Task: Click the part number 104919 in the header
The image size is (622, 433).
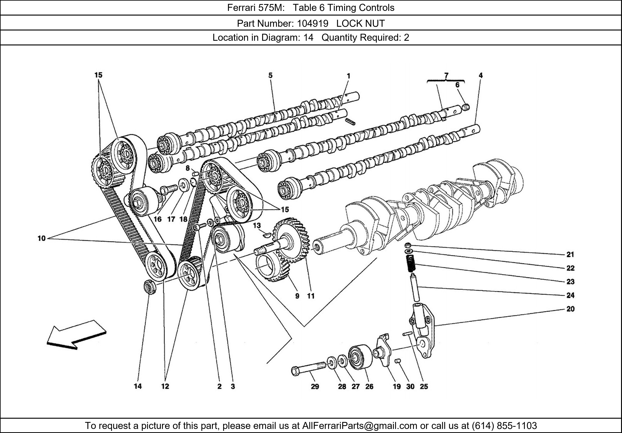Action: tap(312, 24)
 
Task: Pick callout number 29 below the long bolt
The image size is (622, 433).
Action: tap(315, 386)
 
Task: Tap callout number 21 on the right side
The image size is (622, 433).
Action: tap(570, 254)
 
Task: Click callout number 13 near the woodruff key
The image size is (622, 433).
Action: tap(257, 225)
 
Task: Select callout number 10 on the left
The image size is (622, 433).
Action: tap(42, 238)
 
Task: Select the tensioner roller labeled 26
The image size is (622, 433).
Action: tap(360, 357)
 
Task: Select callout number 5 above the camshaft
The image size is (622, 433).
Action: tap(270, 75)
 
